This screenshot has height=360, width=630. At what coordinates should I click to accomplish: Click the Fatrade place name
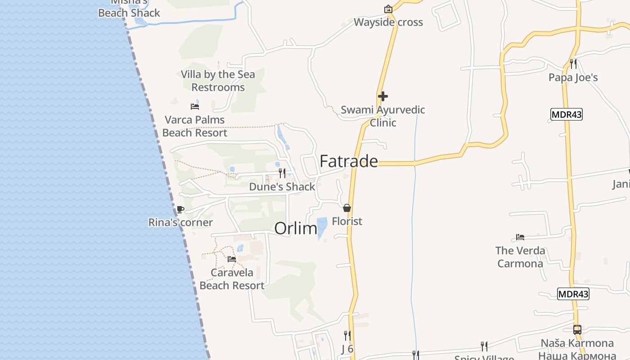click(348, 161)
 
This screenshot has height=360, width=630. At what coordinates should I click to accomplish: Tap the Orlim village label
click(296, 228)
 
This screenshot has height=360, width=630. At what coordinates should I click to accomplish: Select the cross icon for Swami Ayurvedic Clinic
click(383, 96)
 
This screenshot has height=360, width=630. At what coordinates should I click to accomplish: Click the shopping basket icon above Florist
click(347, 208)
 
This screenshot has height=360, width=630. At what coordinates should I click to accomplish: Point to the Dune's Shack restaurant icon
click(282, 173)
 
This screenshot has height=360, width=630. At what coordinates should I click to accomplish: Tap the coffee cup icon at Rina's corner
click(180, 209)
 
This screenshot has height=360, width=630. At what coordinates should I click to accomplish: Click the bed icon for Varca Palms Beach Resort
click(195, 107)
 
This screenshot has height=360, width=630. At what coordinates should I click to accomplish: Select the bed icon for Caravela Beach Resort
click(232, 259)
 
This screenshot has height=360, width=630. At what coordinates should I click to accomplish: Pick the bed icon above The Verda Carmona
click(520, 237)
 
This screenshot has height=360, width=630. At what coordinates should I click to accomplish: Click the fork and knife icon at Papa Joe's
click(573, 64)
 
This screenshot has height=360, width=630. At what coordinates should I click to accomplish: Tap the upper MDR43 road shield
click(567, 114)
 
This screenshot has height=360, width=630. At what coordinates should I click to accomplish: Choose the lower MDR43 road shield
click(573, 294)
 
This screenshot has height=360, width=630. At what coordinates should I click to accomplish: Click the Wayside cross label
click(388, 22)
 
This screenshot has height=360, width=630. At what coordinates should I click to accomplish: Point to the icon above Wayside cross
click(388, 9)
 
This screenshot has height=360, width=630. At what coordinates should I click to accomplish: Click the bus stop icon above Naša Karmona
click(577, 330)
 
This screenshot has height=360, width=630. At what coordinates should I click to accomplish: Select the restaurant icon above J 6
click(347, 335)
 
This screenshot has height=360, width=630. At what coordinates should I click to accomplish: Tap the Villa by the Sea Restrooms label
click(218, 81)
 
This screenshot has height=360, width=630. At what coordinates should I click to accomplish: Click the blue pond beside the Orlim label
click(322, 228)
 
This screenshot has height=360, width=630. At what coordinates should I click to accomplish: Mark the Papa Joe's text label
click(573, 77)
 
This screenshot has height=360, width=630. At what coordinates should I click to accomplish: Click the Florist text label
click(347, 221)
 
